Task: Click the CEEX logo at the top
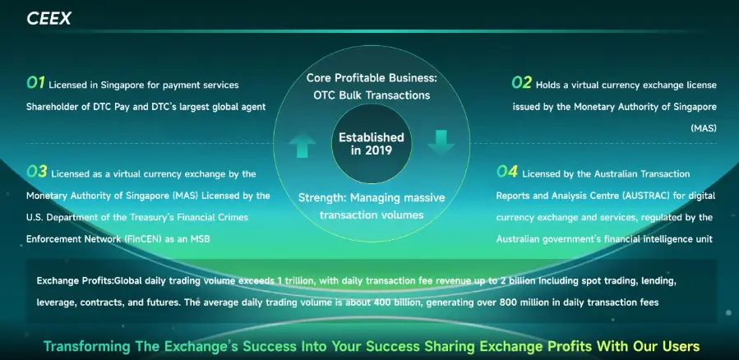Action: (x=48, y=18)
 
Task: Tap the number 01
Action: (x=35, y=82)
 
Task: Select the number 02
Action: (x=521, y=82)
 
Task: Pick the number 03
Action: (x=36, y=172)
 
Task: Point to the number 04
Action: (x=506, y=172)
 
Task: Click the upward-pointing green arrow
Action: (x=302, y=146)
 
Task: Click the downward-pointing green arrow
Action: (x=440, y=141)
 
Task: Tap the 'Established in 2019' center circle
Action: (x=372, y=145)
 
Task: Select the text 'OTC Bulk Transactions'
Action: (x=372, y=95)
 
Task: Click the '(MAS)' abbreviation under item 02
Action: (x=703, y=129)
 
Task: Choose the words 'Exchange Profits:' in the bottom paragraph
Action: (x=75, y=281)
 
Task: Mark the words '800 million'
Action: (x=506, y=302)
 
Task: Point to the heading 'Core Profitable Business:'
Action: (x=372, y=78)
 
